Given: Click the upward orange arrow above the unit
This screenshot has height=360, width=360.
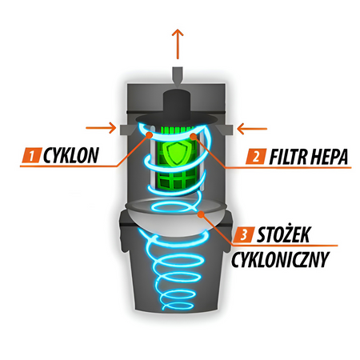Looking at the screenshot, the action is (x=178, y=44).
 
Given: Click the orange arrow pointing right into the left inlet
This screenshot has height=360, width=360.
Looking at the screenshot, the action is (x=101, y=128).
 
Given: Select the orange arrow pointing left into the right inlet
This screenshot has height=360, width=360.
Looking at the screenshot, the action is (x=252, y=129).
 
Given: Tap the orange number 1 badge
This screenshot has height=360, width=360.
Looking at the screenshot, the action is (x=31, y=155).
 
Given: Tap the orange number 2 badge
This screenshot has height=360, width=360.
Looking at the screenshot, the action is (x=256, y=156).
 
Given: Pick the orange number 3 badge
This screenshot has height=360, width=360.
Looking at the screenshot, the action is (x=243, y=235).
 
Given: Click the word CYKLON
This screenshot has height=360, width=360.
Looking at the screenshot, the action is (x=71, y=155).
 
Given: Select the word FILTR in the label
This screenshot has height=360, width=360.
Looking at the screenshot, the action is (x=288, y=157).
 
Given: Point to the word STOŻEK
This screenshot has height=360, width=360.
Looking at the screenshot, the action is (x=283, y=234).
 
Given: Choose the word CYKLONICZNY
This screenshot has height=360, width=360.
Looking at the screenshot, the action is (x=280, y=259).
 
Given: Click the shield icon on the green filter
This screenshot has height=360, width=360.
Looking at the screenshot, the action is (x=175, y=153).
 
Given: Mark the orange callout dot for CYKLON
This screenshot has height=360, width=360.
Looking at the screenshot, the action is (x=149, y=135).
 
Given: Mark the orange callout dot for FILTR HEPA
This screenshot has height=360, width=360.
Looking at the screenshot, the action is (x=194, y=136).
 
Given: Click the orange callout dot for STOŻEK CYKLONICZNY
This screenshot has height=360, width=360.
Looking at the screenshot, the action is (x=202, y=214).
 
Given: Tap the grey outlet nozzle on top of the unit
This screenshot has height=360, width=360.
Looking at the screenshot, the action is (x=178, y=76).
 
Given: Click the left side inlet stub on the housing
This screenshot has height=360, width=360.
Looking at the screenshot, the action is (x=126, y=130).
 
